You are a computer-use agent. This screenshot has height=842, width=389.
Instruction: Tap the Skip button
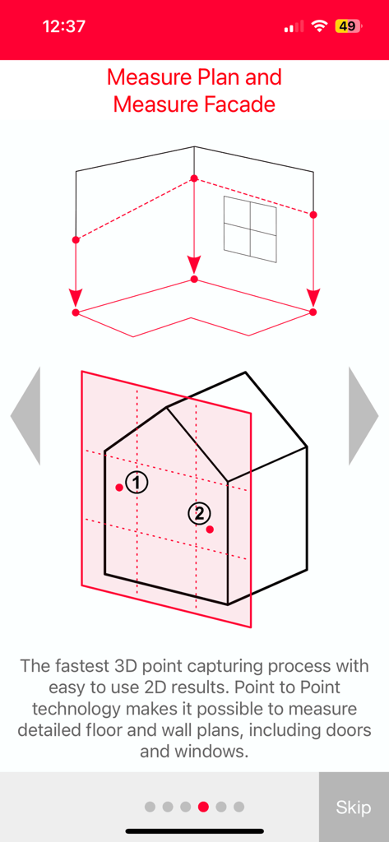[x=354, y=807]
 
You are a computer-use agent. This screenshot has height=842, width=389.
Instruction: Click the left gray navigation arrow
[x=26, y=416]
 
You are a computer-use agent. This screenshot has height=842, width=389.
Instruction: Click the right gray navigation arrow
[x=363, y=416]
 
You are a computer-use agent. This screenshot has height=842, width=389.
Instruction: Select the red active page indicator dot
[x=203, y=807]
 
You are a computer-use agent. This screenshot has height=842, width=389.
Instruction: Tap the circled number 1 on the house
[x=137, y=482]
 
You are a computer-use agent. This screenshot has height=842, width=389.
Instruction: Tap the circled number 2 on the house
[x=198, y=514]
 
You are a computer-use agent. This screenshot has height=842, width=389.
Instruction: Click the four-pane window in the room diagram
[x=250, y=229]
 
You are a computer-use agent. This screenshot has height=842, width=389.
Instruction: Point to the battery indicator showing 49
[x=346, y=26]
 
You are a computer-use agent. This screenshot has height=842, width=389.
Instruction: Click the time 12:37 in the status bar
[x=63, y=26]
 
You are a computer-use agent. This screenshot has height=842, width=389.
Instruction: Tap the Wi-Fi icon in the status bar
[x=319, y=26]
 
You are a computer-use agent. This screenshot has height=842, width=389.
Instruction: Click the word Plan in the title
[x=225, y=77]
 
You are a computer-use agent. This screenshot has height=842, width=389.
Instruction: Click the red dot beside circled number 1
[x=119, y=488]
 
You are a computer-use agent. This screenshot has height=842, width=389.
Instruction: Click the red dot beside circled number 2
[x=210, y=529]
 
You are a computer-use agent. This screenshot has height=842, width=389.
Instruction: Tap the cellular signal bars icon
[x=294, y=27]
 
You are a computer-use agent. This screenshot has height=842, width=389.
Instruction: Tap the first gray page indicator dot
[x=150, y=807]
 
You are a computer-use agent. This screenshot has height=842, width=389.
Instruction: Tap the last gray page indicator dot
[x=238, y=807]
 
